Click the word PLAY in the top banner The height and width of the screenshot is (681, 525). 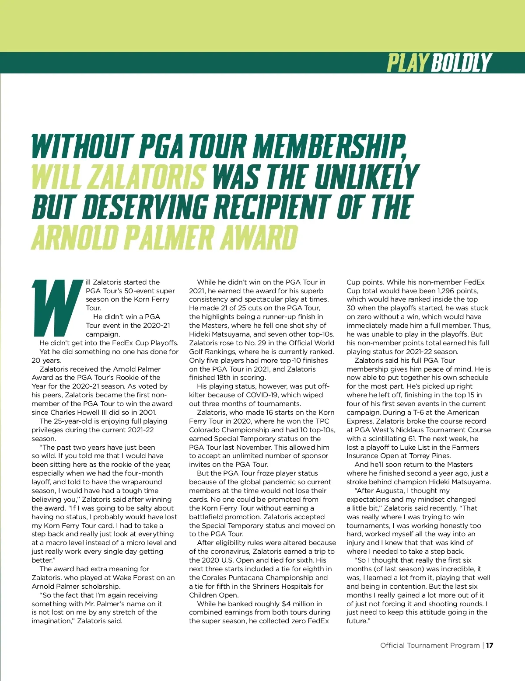(407, 63)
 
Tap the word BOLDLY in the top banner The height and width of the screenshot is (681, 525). (462, 63)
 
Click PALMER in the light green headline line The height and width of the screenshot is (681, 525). (169, 237)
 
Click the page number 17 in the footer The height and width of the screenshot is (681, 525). (490, 646)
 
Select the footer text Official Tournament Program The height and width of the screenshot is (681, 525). (430, 646)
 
